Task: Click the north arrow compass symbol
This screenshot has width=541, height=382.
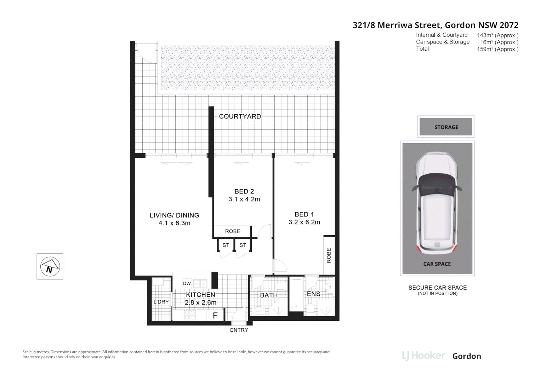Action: pos(50,266)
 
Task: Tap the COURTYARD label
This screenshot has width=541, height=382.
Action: pos(240,116)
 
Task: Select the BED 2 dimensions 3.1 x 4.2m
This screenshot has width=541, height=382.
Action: pos(244,199)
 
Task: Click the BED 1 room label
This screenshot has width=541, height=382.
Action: pos(304,214)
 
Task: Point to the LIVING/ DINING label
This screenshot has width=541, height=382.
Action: pos(174,215)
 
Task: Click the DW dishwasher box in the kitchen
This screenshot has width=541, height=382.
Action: pos(187,283)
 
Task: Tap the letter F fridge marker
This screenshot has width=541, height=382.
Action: pos(215,316)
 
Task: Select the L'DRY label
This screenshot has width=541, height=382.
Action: pos(161,302)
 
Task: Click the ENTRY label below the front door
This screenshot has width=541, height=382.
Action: pos(239,330)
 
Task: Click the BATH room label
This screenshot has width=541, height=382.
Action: pos(269,295)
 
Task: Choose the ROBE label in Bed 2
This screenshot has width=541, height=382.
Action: pos(233,231)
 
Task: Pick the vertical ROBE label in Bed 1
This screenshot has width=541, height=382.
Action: pos(329,255)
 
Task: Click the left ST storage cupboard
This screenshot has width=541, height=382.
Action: pos(226,245)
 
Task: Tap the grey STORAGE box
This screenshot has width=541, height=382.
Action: pos(446,127)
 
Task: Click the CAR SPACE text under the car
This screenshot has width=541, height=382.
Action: pos(437,264)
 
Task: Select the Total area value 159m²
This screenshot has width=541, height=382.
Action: pos(497,49)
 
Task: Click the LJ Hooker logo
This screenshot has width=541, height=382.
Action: pos(423,355)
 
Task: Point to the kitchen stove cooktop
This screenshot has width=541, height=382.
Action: pos(190,314)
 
